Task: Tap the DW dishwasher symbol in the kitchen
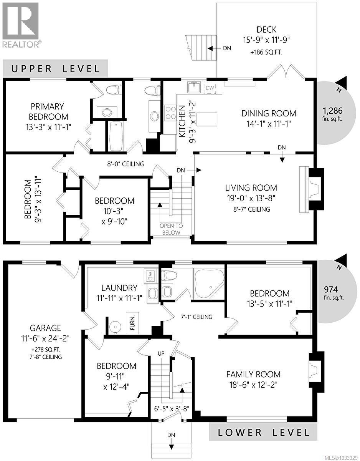tap(210, 88)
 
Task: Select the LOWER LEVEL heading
tap(264, 432)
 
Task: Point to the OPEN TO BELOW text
tap(171, 229)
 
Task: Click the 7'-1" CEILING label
tap(197, 317)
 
